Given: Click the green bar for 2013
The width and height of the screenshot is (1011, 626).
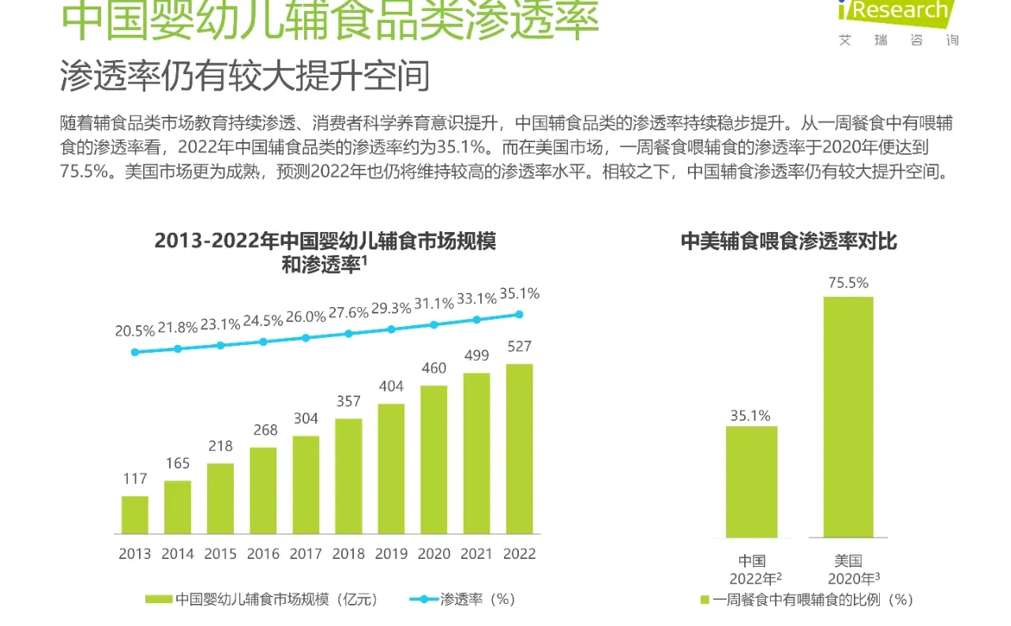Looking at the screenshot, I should [x=134, y=515].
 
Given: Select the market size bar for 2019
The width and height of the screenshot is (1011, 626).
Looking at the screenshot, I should [x=391, y=469].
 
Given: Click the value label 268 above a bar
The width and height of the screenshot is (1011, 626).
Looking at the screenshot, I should [x=265, y=429].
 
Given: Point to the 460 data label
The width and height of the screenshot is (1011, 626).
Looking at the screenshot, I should [x=434, y=368].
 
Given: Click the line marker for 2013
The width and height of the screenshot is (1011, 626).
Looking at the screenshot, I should [x=135, y=352].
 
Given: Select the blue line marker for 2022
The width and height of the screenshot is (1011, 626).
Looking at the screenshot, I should [x=519, y=314].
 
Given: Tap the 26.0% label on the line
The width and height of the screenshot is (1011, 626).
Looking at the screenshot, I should [x=306, y=317].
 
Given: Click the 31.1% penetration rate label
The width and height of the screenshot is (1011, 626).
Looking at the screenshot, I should [x=434, y=303].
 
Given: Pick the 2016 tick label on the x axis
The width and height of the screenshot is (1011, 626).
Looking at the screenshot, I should [x=263, y=554].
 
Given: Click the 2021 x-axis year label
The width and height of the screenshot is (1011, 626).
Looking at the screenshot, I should [x=476, y=554].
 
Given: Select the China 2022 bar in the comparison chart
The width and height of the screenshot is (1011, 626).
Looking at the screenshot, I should [x=751, y=482].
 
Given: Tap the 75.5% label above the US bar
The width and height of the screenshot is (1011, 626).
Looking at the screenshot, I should [x=848, y=283].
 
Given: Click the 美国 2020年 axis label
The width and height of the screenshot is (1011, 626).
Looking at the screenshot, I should [x=849, y=570].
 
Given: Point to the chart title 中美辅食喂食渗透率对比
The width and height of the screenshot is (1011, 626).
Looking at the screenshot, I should [x=788, y=242].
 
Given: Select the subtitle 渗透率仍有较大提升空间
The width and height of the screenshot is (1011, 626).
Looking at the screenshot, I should [x=245, y=77].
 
